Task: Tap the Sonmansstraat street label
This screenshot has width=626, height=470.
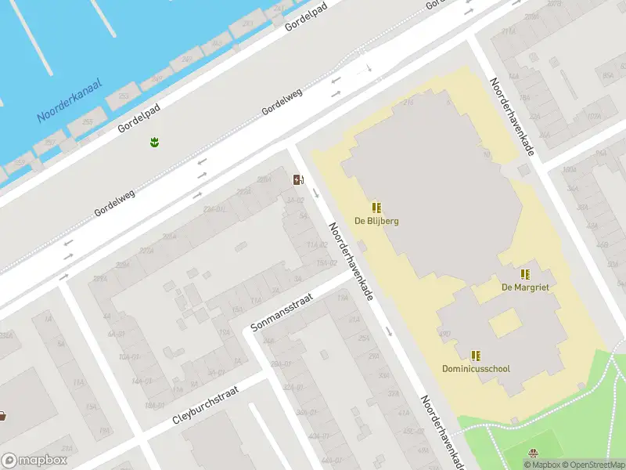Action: [x=282, y=311]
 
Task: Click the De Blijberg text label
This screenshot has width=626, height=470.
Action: [x=376, y=221]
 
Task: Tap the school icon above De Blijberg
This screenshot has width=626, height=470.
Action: [x=376, y=208]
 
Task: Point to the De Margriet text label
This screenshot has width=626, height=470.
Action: [x=525, y=287]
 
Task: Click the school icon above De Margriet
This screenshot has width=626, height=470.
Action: [x=525, y=274]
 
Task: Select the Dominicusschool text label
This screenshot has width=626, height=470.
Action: [x=477, y=368]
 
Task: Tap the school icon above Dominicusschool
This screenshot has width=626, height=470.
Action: [x=476, y=355]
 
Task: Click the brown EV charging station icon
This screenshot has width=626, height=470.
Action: [x=297, y=179]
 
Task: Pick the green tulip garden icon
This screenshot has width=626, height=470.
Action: [x=154, y=142]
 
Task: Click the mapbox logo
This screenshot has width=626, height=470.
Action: [x=34, y=460]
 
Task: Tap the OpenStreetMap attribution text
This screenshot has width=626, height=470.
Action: [x=592, y=465]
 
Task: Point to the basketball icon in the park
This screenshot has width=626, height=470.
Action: [x=534, y=454]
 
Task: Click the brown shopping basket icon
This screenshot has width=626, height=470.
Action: [x=2, y=415]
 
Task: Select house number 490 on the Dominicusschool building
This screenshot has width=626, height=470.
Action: [x=445, y=334]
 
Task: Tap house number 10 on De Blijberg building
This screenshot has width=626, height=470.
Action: [x=487, y=155]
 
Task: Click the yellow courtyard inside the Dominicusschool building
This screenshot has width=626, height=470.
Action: [x=505, y=323]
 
